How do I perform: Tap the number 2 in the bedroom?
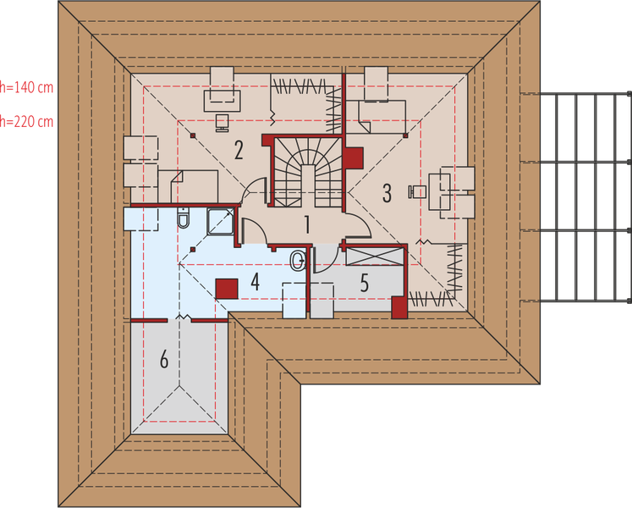pos(239,151)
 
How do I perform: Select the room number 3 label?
pos(387,192)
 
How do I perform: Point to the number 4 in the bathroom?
pos(255,283)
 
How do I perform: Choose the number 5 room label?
pos(365,283)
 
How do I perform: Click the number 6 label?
pos(164,359)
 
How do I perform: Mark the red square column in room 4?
pos(225,289)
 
